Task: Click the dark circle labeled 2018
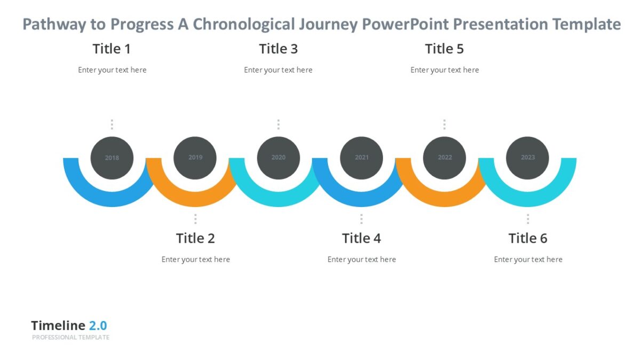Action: [112, 158]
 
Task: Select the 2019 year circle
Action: [195, 158]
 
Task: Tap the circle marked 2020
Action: [278, 158]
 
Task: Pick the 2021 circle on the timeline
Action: [362, 158]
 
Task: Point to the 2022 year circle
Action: [444, 158]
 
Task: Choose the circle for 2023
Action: [527, 158]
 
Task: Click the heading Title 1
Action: [111, 49]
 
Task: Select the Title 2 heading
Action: [195, 238]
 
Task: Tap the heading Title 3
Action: [278, 49]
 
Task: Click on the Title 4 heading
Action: [362, 238]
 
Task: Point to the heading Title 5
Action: [444, 49]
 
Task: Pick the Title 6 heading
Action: [527, 238]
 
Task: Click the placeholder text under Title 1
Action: [112, 70]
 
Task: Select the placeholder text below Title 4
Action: [362, 260]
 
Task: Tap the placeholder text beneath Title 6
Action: [528, 260]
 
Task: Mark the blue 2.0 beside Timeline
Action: [98, 326]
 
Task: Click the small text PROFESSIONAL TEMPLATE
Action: [70, 338]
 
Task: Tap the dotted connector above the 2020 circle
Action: [278, 124]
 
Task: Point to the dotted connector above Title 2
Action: [195, 219]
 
